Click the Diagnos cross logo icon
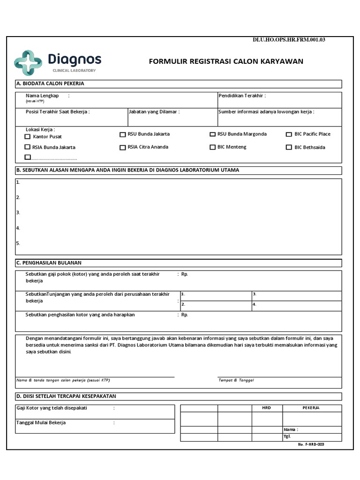tap(28, 62)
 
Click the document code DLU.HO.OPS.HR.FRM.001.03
tap(289, 40)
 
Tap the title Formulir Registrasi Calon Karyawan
tap(226, 61)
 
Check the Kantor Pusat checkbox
tap(28, 137)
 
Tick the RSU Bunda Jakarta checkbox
tap(123, 135)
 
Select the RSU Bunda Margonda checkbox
tap(213, 135)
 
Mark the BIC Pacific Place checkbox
tap(289, 135)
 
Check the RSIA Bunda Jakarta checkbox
tap(28, 147)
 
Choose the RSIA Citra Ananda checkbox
tap(123, 148)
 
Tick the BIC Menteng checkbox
tap(213, 147)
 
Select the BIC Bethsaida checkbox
tap(289, 148)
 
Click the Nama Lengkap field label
tap(42, 96)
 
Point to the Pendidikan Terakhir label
tap(242, 96)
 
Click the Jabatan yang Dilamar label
tap(154, 112)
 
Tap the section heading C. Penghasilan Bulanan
tap(49, 263)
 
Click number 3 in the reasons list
tap(18, 212)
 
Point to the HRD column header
tap(266, 408)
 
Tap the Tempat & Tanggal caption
tap(236, 380)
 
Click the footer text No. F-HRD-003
tap(311, 444)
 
